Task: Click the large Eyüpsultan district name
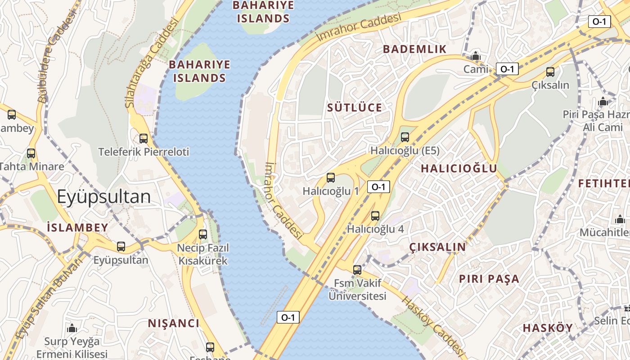(x=103, y=197)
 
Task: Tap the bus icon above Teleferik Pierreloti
(x=144, y=138)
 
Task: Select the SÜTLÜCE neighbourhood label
(x=355, y=108)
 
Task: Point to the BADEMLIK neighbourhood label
(x=414, y=49)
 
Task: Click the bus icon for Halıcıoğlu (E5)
(x=405, y=137)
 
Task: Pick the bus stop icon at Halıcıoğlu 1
(x=331, y=178)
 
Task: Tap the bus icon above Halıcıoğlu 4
(x=375, y=216)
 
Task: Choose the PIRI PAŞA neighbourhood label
(x=489, y=279)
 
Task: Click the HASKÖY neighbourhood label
(x=548, y=328)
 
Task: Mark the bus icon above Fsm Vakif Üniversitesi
(x=357, y=270)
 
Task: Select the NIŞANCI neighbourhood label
(x=174, y=323)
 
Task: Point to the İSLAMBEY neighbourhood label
(x=77, y=227)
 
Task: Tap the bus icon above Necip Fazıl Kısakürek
(x=203, y=234)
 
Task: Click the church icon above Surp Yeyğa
(x=72, y=328)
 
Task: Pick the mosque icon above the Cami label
(x=476, y=56)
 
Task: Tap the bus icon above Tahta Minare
(x=31, y=153)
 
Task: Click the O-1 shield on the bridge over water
(x=288, y=317)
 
